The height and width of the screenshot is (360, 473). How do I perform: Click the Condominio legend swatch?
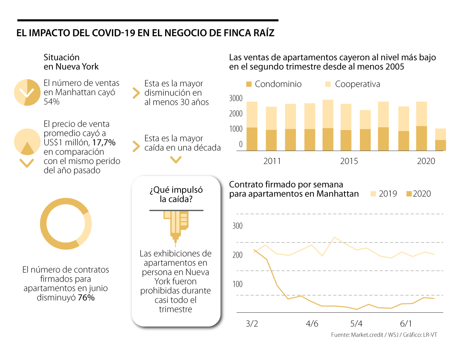coord(249,85)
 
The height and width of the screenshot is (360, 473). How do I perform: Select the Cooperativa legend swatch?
coord(328,85)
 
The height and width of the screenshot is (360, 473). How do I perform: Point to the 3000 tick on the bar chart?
coord(236,98)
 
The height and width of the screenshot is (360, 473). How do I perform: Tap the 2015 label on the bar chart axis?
coord(349,161)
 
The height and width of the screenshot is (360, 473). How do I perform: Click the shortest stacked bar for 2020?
coord(440,139)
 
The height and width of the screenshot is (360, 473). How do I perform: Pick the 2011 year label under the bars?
coord(272,161)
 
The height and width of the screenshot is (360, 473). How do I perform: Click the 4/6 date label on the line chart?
coord(312,324)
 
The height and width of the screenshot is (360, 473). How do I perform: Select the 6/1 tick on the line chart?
coord(406,324)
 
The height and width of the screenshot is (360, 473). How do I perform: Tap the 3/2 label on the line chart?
coord(252,324)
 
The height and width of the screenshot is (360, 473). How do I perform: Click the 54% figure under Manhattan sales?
coord(51,102)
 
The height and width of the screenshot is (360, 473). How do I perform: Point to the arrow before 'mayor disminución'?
coord(136,93)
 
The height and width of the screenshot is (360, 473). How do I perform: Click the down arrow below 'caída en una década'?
coord(175,160)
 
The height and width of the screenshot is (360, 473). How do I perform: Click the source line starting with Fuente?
coord(384,335)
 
